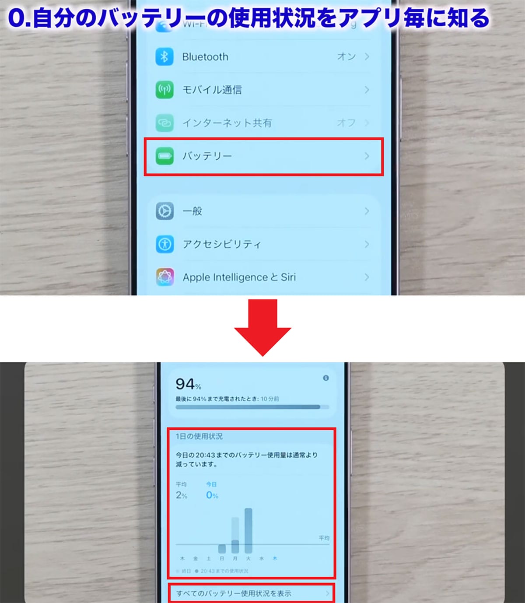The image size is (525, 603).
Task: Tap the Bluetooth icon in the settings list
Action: [x=164, y=57]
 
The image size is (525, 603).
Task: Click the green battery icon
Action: [x=164, y=156]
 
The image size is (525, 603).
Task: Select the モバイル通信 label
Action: [x=212, y=90]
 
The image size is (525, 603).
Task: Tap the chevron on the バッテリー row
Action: [x=367, y=156]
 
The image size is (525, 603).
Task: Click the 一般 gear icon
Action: [x=164, y=211]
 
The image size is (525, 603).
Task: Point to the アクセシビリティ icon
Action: [x=164, y=244]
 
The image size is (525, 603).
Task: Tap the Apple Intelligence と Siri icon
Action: [x=164, y=277]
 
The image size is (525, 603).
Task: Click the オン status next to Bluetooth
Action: [x=346, y=56]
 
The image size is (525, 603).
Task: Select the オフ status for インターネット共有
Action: [x=346, y=123]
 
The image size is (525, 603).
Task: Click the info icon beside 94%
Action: [x=325, y=378]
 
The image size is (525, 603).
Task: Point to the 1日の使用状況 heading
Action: [x=199, y=436]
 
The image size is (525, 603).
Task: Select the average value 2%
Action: [x=182, y=495]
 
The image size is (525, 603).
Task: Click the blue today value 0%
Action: [x=212, y=495]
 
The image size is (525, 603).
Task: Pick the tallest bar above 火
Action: [x=248, y=530]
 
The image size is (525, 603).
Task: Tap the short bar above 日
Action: [x=222, y=549]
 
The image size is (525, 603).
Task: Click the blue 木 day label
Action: [x=275, y=558]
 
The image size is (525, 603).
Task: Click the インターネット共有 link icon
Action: [x=164, y=123]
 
